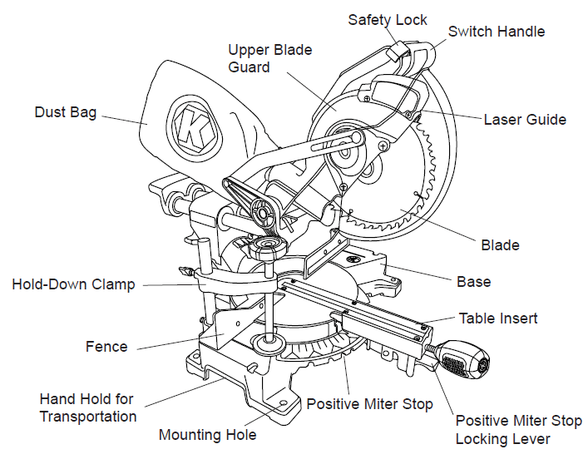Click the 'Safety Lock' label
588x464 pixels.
pyautogui.click(x=388, y=19)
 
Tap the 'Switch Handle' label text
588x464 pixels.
pyautogui.click(x=497, y=32)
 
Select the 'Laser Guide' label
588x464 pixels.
pyautogui.click(x=525, y=120)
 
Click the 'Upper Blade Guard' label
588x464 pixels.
pyautogui.click(x=270, y=58)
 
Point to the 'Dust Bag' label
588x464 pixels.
pyautogui.click(x=66, y=112)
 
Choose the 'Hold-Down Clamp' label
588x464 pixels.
pyautogui.click(x=73, y=284)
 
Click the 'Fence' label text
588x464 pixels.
pyautogui.click(x=106, y=346)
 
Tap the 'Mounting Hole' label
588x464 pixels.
pyautogui.click(x=207, y=435)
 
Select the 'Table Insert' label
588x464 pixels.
pyautogui.click(x=498, y=318)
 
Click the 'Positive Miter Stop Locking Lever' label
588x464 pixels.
pyautogui.click(x=518, y=430)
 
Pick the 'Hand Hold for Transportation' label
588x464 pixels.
pyautogui.click(x=87, y=407)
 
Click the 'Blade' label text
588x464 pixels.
pyautogui.click(x=500, y=244)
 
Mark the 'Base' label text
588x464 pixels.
pyautogui.click(x=473, y=281)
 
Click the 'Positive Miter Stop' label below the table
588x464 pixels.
pyautogui.click(x=369, y=404)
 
